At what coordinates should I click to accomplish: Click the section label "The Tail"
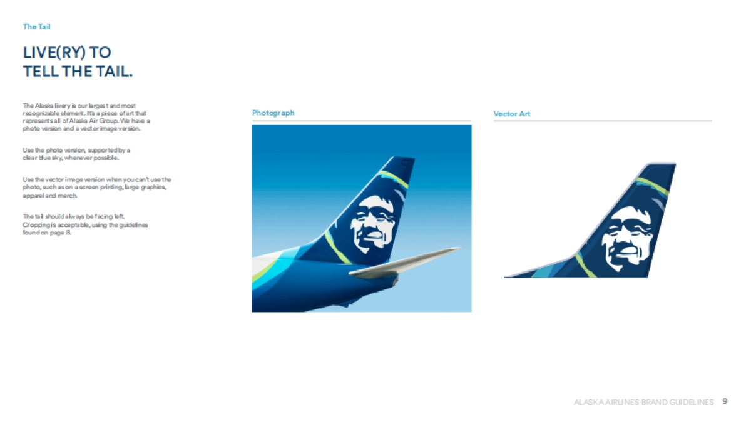click(x=37, y=27)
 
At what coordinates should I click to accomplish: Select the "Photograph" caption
click(x=273, y=113)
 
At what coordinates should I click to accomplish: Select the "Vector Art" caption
click(x=511, y=114)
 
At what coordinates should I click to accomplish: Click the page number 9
click(x=725, y=401)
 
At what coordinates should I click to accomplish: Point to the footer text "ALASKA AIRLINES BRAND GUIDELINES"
click(x=643, y=402)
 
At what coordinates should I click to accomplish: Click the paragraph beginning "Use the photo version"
click(x=76, y=154)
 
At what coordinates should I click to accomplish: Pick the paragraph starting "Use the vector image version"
click(x=96, y=187)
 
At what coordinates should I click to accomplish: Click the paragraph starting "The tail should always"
click(x=85, y=224)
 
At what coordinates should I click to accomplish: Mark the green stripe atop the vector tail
click(x=651, y=186)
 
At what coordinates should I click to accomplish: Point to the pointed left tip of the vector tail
click(x=506, y=276)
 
